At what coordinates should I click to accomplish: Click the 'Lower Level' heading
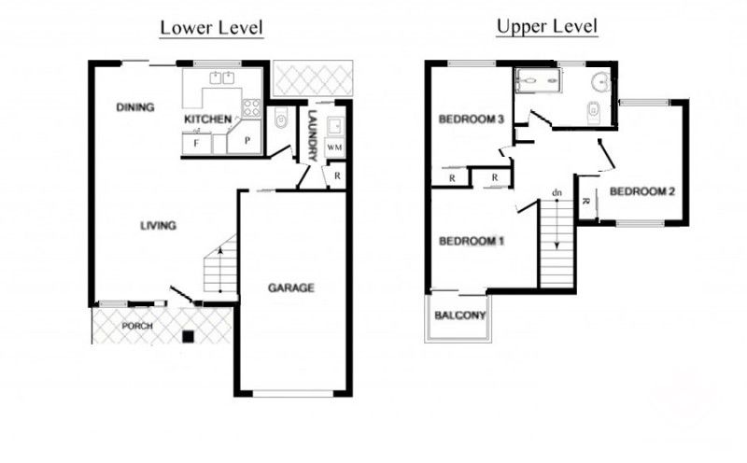[x=211, y=28]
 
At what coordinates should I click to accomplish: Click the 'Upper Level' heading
[x=547, y=27]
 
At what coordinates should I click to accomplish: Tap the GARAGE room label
[x=291, y=288]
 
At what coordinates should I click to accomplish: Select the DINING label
[x=135, y=107]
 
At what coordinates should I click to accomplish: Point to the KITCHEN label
[x=208, y=119]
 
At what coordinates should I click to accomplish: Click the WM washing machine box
[x=334, y=147]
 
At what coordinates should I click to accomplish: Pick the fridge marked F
[x=197, y=144]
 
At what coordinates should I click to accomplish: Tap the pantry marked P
[x=246, y=139]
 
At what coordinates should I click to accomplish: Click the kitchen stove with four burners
[x=251, y=108]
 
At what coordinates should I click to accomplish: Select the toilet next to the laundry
[x=281, y=119]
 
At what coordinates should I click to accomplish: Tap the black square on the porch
[x=190, y=336]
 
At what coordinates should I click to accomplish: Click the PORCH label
[x=137, y=327]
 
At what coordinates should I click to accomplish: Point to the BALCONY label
[x=460, y=316]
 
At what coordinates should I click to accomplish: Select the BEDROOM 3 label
[x=472, y=119]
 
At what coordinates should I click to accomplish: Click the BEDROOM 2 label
[x=642, y=191]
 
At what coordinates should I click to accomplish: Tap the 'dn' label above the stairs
[x=557, y=193]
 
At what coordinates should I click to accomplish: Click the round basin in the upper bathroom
[x=600, y=81]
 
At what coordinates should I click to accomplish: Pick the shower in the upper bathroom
[x=538, y=79]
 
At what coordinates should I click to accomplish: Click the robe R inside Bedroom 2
[x=585, y=201]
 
